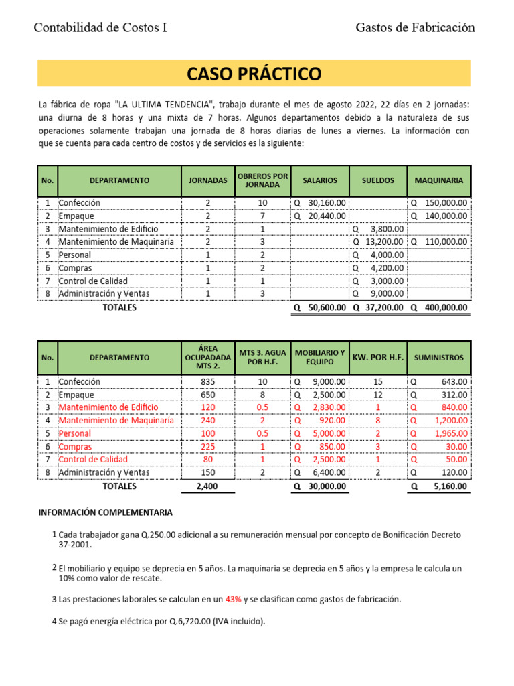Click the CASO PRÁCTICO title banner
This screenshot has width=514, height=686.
pos(254,73)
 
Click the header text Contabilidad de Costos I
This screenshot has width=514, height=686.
pos(100,27)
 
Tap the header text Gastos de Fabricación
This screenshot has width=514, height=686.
pos(415,27)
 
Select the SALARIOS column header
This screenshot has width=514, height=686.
pos(320,180)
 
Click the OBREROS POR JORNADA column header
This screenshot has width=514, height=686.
pos(262,180)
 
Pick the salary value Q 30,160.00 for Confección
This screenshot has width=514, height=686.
pos(320,203)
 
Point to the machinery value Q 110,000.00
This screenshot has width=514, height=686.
pos(439,242)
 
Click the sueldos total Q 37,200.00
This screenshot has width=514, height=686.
pos(378,307)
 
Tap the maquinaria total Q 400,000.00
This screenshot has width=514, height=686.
pos(439,307)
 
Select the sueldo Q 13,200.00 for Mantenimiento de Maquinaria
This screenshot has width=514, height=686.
pos(378,242)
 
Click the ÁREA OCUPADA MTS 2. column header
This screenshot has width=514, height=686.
pos(207,358)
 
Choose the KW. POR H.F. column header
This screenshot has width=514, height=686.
pos(378,358)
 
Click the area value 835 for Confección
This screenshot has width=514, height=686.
pos(207,381)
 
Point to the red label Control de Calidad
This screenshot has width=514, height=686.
pos(92,459)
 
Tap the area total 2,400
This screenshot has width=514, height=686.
pos(207,486)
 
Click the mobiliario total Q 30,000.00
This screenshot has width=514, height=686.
pos(320,486)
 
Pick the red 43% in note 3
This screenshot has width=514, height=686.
pos(234,600)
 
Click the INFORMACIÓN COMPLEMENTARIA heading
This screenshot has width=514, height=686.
pos(105,512)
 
